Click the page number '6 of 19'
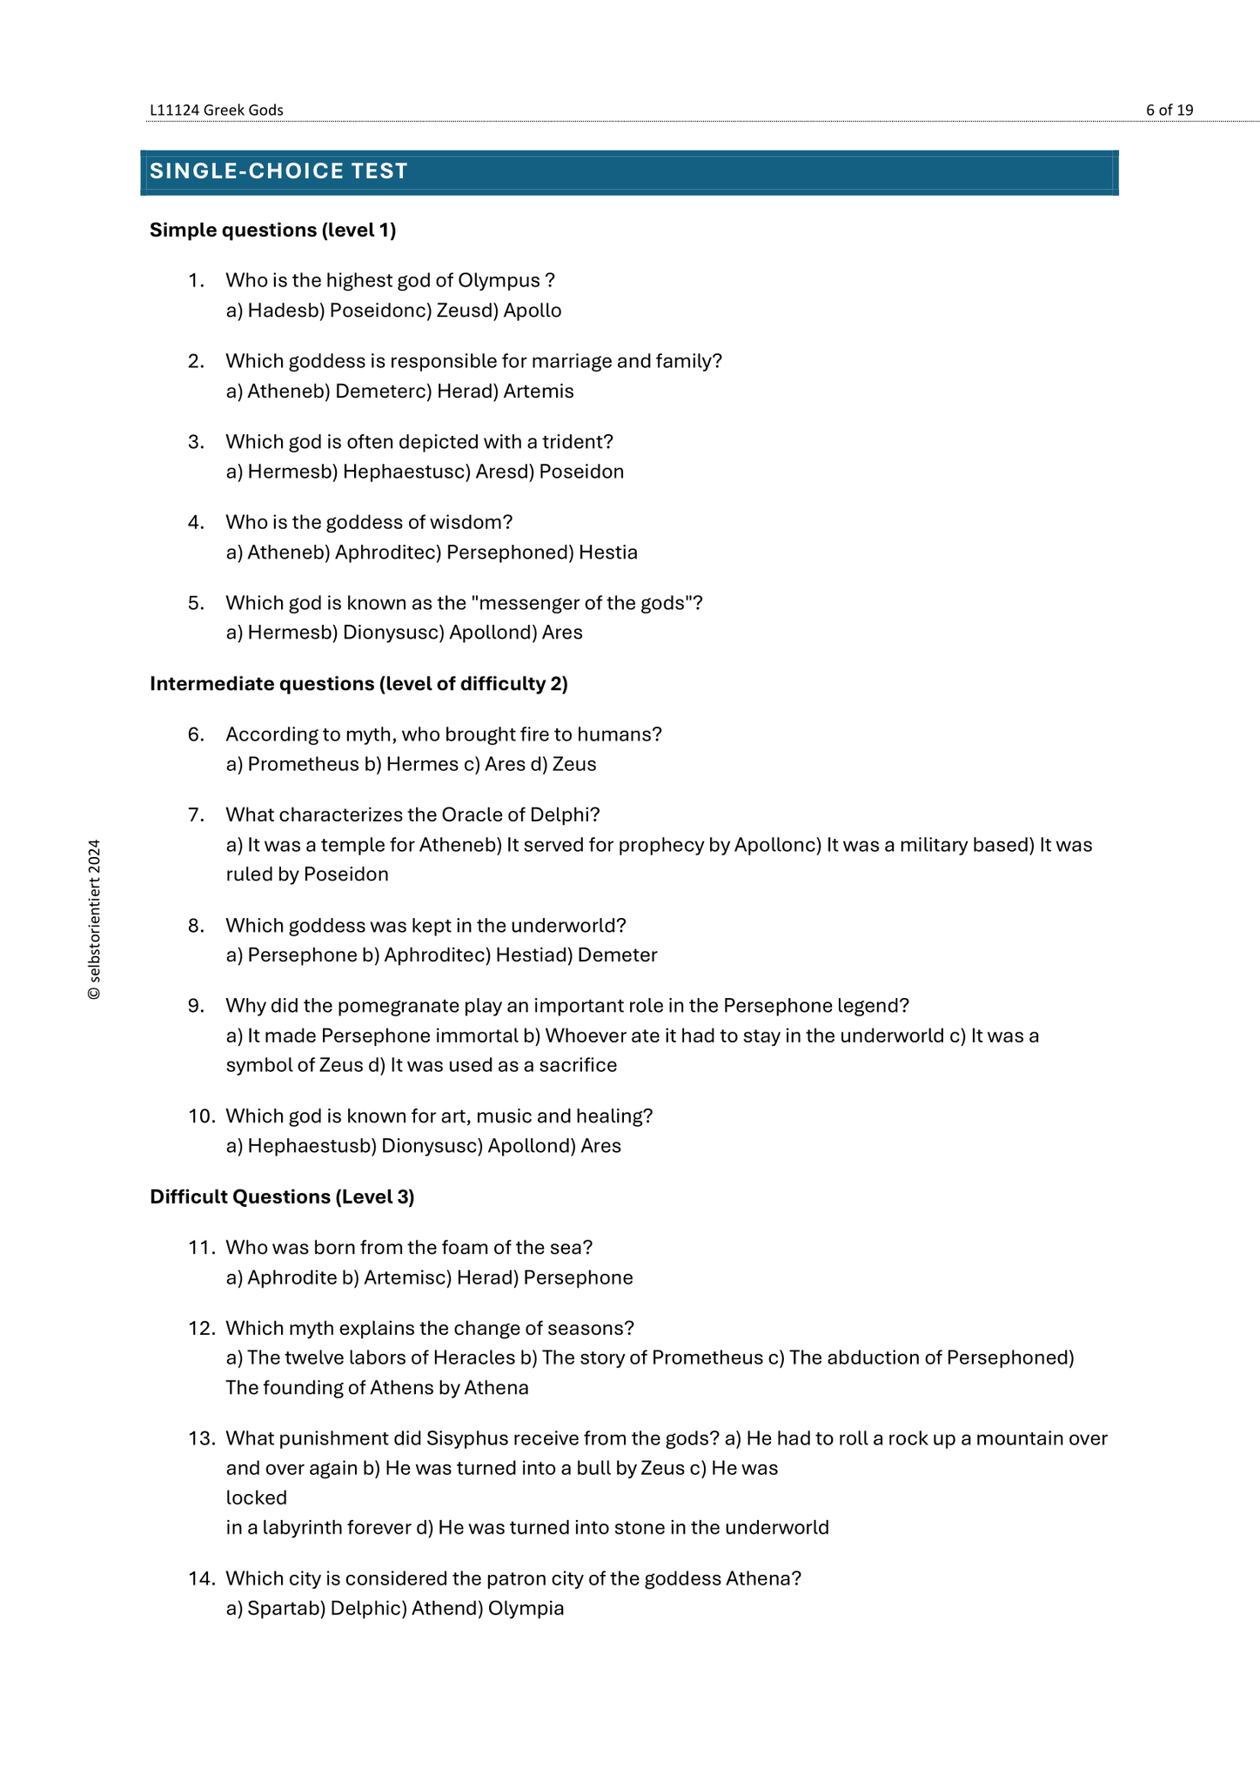point(1169,110)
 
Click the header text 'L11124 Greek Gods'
point(217,110)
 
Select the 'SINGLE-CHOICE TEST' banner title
point(278,171)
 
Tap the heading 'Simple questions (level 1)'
point(272,230)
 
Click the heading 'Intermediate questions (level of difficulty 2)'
point(359,684)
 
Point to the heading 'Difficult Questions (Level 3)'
point(282,1196)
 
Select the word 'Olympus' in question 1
point(499,280)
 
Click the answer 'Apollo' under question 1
point(533,311)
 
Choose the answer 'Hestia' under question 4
point(608,553)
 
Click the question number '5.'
point(197,603)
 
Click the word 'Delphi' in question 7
point(564,814)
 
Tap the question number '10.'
point(201,1115)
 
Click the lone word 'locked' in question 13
point(256,1497)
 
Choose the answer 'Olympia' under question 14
point(526,1608)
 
